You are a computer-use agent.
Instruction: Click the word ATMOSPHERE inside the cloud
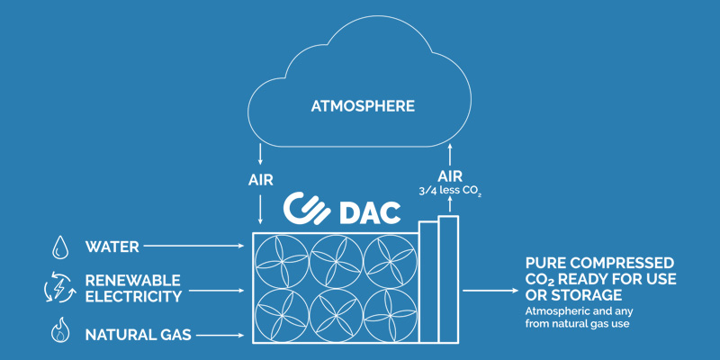click(x=363, y=106)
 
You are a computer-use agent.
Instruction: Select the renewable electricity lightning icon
click(x=60, y=287)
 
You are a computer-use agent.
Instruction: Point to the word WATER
click(x=112, y=247)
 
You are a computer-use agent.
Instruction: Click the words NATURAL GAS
click(x=139, y=334)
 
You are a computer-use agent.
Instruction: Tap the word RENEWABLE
click(x=132, y=280)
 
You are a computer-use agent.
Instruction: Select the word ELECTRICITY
click(x=133, y=296)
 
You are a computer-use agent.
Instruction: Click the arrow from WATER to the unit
click(x=193, y=246)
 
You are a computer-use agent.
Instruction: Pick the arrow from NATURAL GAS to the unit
click(x=220, y=335)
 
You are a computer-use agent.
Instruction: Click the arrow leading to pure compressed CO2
click(x=490, y=290)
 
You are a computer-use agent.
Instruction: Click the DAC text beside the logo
click(x=369, y=212)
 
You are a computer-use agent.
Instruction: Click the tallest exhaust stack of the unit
click(x=448, y=279)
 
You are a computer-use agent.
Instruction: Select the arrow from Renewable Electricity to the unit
click(x=216, y=291)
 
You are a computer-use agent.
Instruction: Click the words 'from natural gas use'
click(x=577, y=324)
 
